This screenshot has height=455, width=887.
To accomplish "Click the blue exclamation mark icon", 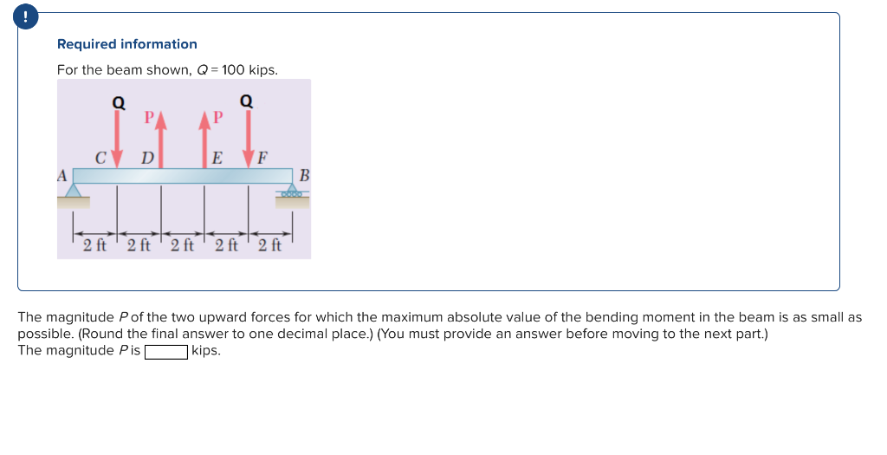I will click(x=29, y=16).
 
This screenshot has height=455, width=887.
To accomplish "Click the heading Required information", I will click(x=126, y=44).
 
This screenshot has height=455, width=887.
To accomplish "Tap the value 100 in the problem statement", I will click(x=233, y=70).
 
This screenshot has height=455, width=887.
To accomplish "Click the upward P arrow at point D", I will click(x=160, y=139).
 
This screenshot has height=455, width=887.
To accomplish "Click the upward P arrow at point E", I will click(x=205, y=139).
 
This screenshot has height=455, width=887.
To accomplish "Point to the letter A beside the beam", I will click(x=62, y=174).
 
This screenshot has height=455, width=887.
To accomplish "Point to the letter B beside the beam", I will click(x=303, y=176).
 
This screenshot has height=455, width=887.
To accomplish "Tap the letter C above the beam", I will click(x=101, y=158).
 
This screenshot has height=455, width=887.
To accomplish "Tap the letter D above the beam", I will click(x=147, y=158).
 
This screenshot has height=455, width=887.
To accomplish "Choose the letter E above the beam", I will click(x=217, y=158).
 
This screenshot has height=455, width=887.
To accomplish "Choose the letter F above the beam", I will click(x=262, y=158).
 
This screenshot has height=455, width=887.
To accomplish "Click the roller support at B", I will click(x=292, y=192).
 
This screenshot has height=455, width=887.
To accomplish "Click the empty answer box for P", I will click(x=166, y=351).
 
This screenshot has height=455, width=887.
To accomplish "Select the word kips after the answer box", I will click(x=206, y=351).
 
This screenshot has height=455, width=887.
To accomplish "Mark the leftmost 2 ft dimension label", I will click(x=94, y=244).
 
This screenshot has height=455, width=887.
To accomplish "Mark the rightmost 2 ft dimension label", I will click(x=269, y=244).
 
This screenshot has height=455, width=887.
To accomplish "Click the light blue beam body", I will click(x=182, y=176).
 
